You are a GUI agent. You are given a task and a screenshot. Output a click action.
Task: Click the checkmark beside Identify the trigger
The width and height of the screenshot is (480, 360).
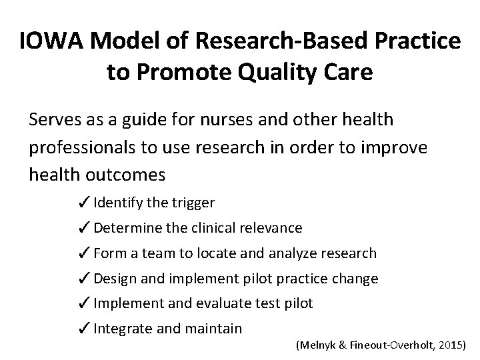point(85,202)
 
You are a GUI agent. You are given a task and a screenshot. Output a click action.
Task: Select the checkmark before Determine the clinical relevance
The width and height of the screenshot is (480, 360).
point(85,228)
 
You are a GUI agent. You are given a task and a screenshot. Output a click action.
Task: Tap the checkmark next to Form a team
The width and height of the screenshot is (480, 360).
point(85,253)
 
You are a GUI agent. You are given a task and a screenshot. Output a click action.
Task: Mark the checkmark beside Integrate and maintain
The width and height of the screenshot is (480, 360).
point(85,329)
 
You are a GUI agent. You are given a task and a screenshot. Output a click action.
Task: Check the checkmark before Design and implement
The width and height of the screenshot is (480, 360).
point(85,279)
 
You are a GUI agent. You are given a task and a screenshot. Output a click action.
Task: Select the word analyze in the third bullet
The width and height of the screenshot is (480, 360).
point(291,253)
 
